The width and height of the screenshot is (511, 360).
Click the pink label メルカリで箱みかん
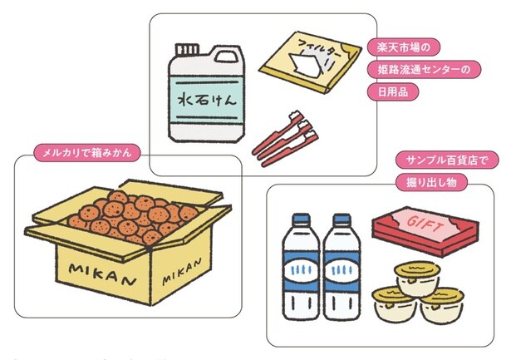pyautogui.click(x=86, y=152)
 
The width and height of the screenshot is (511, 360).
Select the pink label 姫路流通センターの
pyautogui.click(x=420, y=70)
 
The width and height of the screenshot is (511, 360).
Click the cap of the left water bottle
pyautogui.click(x=300, y=221)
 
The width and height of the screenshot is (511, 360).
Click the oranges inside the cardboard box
pyautogui.click(x=129, y=214)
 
